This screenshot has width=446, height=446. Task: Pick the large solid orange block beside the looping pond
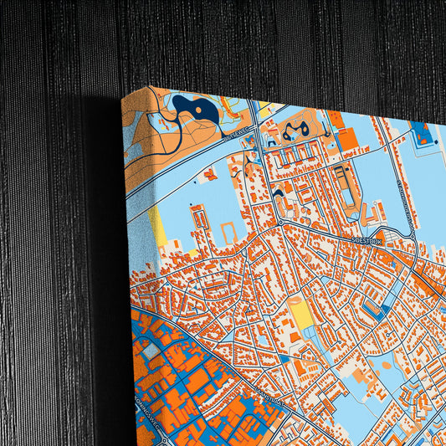pyautogui.click(x=346, y=139)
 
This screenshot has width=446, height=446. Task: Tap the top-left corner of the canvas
pyautogui.click(x=123, y=99)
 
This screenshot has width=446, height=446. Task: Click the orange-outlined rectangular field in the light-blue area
pyautogui.click(x=227, y=227)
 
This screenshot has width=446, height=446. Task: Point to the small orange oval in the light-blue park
pyautogui.click(x=387, y=366)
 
